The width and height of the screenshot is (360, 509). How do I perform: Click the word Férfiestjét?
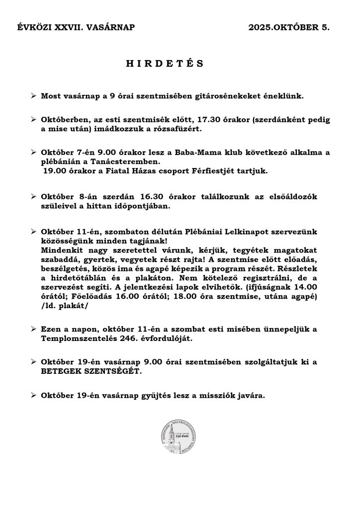213,170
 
